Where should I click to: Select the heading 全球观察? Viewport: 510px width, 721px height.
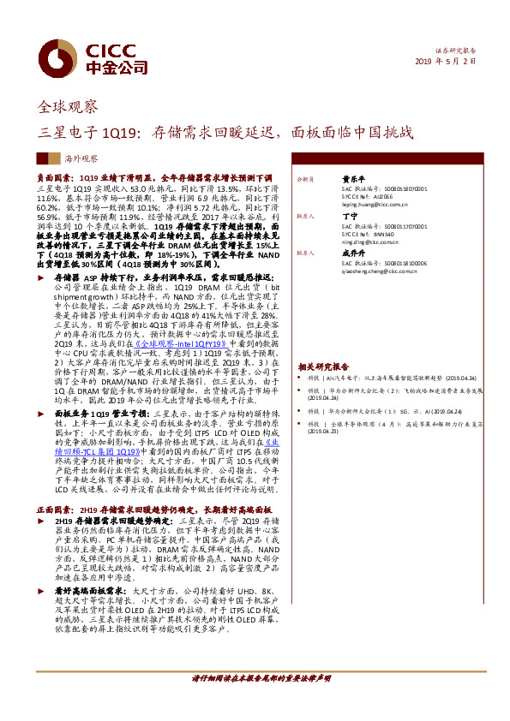(x=69, y=107)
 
